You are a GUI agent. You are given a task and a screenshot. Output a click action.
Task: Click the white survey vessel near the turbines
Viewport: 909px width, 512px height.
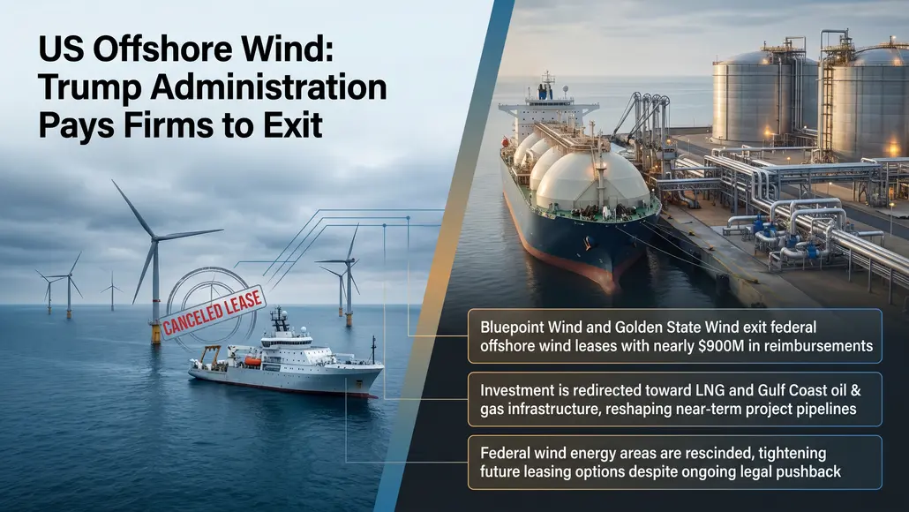click(282, 362)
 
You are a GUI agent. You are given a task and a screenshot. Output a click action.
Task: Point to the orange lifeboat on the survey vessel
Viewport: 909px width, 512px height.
click(252, 361)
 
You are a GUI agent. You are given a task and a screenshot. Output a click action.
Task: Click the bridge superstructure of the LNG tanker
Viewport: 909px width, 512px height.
click(548, 106)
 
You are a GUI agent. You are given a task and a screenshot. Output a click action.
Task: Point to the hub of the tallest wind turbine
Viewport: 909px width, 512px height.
click(155, 237)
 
